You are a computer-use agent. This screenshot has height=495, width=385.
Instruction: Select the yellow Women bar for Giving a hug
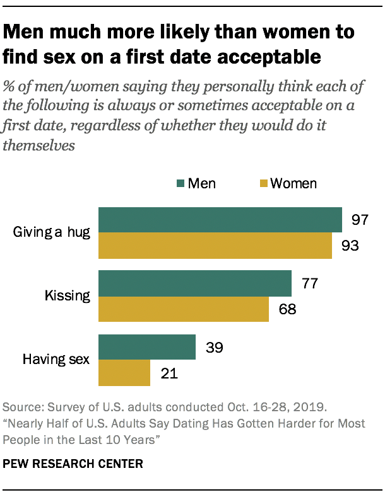pyautogui.click(x=215, y=246)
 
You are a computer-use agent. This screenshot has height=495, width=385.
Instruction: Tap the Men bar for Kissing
pyautogui.click(x=195, y=283)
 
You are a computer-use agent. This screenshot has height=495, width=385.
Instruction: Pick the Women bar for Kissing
pyautogui.click(x=184, y=309)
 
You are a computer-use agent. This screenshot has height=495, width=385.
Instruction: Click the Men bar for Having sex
pyautogui.click(x=147, y=347)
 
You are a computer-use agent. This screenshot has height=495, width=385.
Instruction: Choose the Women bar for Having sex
pyautogui.click(x=124, y=373)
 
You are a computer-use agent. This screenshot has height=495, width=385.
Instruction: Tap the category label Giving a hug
pyautogui.click(x=52, y=233)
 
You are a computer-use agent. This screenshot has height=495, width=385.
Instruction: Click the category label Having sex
pyautogui.click(x=57, y=360)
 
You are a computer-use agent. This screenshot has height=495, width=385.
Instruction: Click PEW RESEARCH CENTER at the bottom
pyautogui.click(x=73, y=464)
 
